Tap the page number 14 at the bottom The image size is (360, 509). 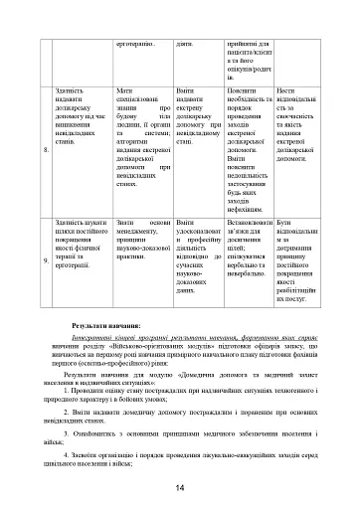click(x=180, y=486)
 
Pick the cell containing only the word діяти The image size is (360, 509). click(x=185, y=43)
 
